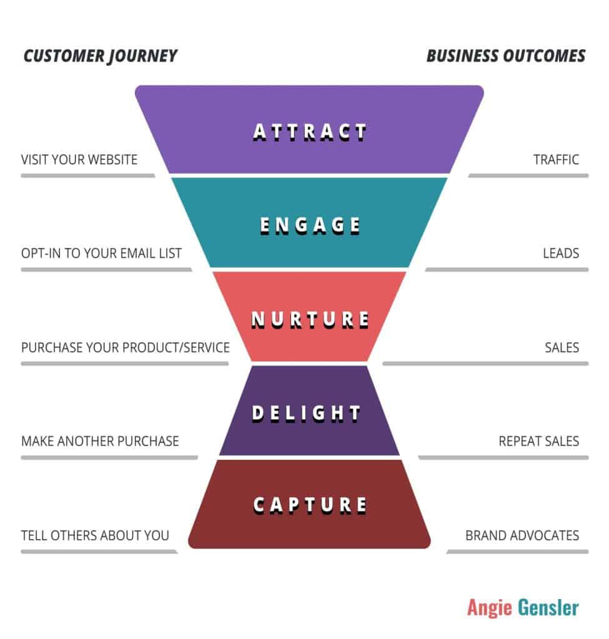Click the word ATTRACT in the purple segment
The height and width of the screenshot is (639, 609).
coord(310,132)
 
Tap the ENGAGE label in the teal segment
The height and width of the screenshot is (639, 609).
coord(310,225)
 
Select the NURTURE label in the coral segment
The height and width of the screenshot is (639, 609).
coord(310,319)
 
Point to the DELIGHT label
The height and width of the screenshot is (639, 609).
coord(306,413)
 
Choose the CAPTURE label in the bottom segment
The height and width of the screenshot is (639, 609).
coord(310,505)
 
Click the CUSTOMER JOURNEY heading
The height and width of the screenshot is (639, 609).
coord(101,56)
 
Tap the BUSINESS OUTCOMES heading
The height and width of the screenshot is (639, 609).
coord(506,56)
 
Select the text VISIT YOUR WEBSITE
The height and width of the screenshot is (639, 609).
coord(79,159)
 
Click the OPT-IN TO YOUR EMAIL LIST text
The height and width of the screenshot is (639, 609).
coord(101,253)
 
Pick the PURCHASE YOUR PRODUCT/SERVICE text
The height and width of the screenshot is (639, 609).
coord(125,347)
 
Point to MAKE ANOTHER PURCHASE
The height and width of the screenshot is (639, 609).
coord(100,441)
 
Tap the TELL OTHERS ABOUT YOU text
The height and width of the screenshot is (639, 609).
coord(95,535)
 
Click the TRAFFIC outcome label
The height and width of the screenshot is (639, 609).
coord(556,159)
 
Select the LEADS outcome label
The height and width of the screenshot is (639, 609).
coord(561,253)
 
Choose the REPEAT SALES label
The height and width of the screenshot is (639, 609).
coord(539,441)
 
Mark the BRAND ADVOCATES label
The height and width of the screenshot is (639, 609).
coord(522,535)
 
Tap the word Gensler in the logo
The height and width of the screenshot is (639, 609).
coord(548,607)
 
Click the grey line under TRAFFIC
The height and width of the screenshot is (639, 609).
coord(528,175)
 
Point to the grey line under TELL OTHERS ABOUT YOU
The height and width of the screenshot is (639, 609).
coord(99,552)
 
